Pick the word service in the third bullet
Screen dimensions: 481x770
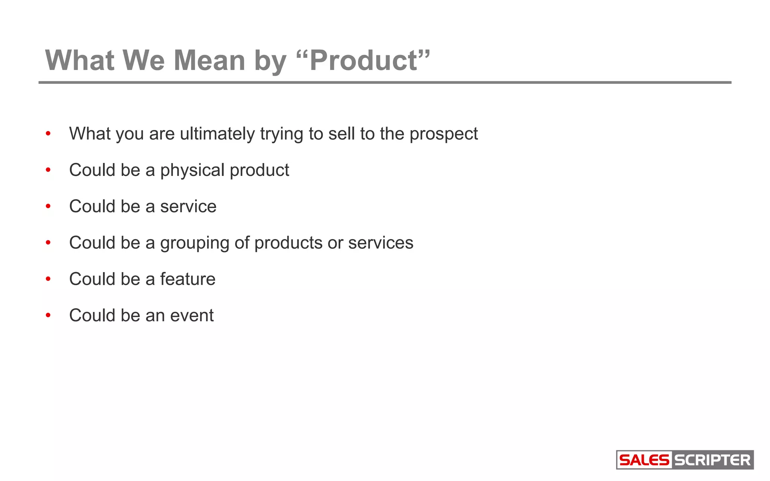188,206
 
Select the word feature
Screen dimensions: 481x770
188,279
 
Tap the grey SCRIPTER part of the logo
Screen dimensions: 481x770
712,460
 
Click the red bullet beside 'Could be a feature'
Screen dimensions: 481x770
48,279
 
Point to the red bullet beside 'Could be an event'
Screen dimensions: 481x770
48,315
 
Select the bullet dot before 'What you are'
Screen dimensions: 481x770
48,133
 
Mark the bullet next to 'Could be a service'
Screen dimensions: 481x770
48,206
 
